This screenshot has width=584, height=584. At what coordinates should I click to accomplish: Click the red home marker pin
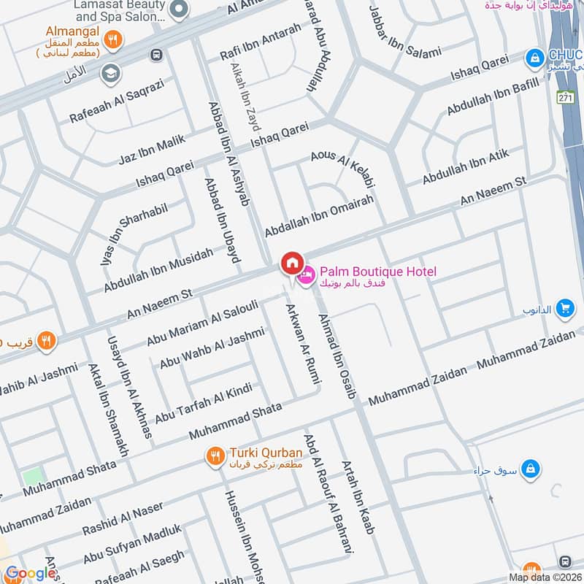click(292, 263)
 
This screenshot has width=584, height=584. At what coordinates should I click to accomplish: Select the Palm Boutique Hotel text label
click(377, 272)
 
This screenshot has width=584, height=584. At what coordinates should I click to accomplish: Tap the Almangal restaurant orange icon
click(112, 41)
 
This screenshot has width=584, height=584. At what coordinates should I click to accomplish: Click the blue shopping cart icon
click(564, 309)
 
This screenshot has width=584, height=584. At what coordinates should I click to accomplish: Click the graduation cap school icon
click(111, 72)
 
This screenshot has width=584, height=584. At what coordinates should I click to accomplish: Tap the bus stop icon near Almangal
click(155, 55)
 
